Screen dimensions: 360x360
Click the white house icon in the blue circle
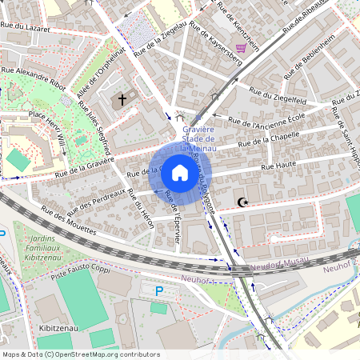click(x=180, y=172)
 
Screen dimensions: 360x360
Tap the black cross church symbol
click(x=122, y=100)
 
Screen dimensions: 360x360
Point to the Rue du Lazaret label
click(x=26, y=27)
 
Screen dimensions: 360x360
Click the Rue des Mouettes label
click(x=69, y=221)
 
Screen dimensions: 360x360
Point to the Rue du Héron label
click(x=139, y=209)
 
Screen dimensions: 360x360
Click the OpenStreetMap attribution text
click(x=81, y=354)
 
